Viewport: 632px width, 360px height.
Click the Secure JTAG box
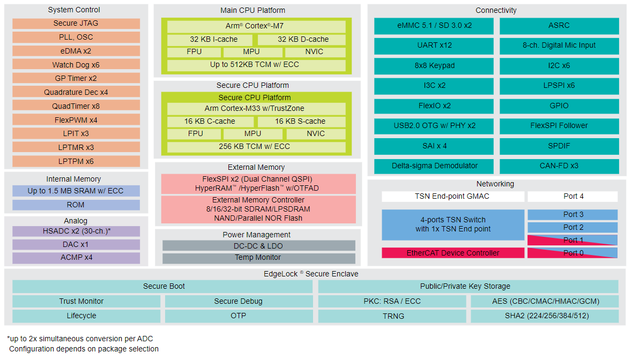point(76,24)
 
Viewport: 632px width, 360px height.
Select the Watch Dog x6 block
point(76,64)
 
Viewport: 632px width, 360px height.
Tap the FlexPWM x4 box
point(76,119)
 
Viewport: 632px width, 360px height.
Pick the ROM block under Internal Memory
point(76,205)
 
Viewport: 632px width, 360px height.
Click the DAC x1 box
point(76,244)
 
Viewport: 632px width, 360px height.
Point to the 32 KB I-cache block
point(210,40)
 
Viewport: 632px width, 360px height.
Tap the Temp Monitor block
point(259,258)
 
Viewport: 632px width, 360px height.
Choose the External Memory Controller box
point(258,209)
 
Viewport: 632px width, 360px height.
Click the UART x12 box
point(434,46)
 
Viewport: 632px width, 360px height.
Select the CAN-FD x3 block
point(559,166)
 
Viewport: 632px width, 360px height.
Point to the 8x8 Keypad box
point(434,66)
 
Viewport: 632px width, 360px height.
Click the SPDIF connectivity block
point(559,146)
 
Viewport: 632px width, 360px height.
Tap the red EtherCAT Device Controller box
point(453,253)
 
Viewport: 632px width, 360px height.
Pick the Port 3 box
point(572,215)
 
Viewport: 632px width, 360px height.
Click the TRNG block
point(392,316)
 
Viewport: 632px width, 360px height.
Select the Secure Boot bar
point(162,286)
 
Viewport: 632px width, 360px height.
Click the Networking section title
point(495,184)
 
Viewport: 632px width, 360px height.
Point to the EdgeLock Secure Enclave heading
point(311,274)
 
